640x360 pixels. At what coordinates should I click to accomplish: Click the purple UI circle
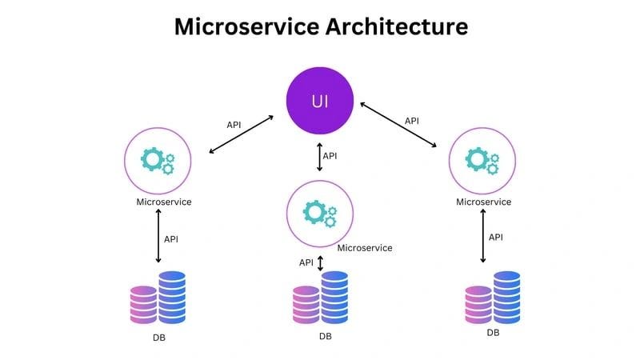coord(320,101)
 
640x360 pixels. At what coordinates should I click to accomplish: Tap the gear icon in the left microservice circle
coord(157,160)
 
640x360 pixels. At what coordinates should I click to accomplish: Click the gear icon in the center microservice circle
coord(319,213)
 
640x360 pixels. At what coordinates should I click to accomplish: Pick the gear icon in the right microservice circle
coord(482,160)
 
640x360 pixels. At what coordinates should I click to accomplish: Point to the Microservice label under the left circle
coord(164,202)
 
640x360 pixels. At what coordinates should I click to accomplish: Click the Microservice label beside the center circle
coord(365,248)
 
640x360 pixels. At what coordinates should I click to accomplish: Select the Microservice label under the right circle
coord(483,202)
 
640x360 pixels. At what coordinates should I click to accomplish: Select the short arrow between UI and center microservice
coord(320,157)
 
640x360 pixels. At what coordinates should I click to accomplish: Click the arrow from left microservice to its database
coord(158,236)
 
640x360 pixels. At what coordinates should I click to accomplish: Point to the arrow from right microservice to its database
coord(482,236)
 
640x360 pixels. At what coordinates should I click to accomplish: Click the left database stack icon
coord(158,298)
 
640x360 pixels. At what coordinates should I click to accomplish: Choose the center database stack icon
coord(320,298)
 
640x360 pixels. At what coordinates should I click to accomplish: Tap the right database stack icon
coord(493,298)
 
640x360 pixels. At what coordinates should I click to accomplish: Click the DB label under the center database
coord(325,336)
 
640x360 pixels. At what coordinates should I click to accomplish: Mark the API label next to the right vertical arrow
coord(496,237)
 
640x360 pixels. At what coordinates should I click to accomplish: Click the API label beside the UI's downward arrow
coord(330,156)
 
